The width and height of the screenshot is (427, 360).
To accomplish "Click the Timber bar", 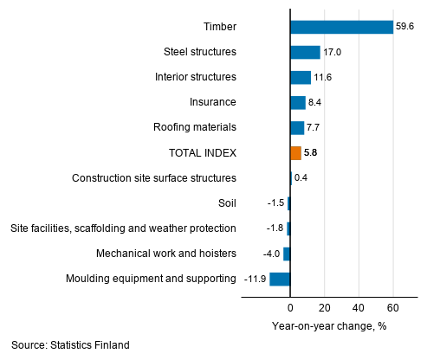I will point(341,27).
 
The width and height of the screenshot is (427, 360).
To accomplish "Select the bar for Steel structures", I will point(305,52).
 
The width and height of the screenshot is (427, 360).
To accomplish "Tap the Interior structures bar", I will point(300,77).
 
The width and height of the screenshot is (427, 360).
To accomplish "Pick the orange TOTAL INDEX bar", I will point(295,153).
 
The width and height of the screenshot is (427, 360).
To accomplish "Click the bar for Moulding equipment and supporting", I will point(280,279).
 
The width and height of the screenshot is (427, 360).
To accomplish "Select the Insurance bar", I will point(297,102).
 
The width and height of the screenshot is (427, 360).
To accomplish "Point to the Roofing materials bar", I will point(297,128).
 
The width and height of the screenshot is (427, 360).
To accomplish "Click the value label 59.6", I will point(405,27).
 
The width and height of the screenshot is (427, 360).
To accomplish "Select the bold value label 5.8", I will point(310,153).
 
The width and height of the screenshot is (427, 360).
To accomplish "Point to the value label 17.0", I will point(332,52).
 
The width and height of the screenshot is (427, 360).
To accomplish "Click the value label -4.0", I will point(272,254).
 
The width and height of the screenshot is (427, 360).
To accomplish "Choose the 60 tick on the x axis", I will point(392,308).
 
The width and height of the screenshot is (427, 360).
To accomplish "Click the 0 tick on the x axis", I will point(290,308).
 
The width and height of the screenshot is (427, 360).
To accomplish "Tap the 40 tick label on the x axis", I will point(359,308).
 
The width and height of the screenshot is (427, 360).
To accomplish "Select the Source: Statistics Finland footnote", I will point(70,345).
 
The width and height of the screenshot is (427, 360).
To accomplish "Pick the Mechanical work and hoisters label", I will point(166,254).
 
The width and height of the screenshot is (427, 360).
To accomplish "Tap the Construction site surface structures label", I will point(154,178).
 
